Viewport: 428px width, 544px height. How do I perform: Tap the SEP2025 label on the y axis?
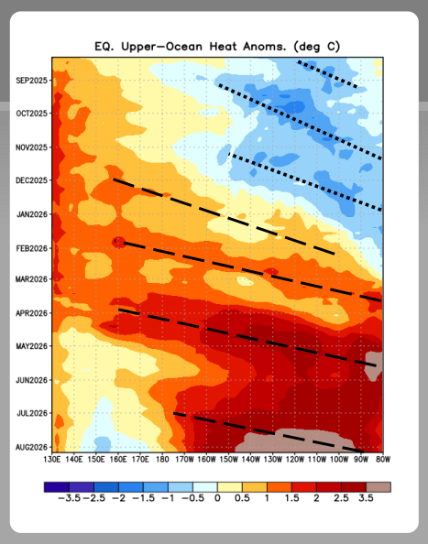coord(31,81)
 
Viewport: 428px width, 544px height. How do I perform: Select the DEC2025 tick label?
coord(31,180)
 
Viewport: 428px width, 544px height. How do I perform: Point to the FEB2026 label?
coord(31,248)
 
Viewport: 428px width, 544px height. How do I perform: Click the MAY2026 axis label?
coord(31,346)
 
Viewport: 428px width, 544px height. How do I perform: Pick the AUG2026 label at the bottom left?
coord(31,448)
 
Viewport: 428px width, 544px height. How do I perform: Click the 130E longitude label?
coord(52,460)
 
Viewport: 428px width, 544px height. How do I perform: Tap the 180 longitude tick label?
coord(162,460)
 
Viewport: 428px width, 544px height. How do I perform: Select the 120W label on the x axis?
coord(295,460)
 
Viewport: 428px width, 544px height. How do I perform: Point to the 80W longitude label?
coord(383,460)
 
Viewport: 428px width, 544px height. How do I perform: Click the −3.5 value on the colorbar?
coord(69,498)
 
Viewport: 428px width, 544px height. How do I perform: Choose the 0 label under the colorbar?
coord(217,498)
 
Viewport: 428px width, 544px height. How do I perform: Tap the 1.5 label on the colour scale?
coord(292,498)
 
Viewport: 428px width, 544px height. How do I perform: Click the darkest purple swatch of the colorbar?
coord(57,487)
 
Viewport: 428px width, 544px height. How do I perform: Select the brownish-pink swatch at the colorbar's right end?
coord(379,487)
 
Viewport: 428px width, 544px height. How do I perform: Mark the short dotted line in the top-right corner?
coord(327,74)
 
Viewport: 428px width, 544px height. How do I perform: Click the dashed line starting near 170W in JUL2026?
coord(269,432)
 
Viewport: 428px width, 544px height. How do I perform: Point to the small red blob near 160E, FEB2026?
coord(119,242)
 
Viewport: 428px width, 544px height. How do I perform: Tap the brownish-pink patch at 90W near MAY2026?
coord(374,366)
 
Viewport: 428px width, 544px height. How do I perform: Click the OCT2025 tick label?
coord(31,114)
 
